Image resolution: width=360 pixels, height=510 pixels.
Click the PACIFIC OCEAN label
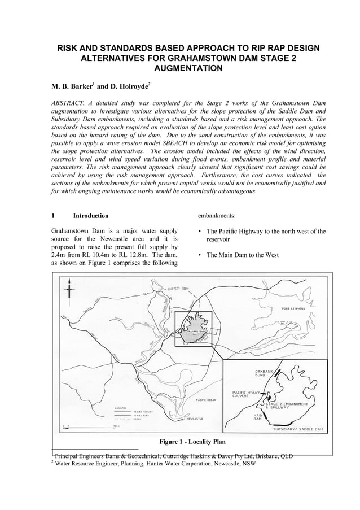206,399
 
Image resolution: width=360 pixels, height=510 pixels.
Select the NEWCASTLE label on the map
195,419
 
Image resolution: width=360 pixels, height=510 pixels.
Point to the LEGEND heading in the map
121,407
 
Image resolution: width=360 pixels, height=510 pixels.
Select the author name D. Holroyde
128,87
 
